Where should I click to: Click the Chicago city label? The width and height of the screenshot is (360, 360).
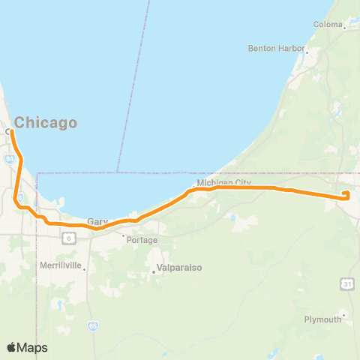46,122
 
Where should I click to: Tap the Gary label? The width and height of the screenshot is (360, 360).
97,222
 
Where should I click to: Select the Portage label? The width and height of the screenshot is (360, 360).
142,240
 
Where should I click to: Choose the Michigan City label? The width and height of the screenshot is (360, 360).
223,183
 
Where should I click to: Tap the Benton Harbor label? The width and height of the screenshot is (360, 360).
275,48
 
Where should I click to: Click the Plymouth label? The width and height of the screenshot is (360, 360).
322,319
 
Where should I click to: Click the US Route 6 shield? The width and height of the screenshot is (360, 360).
69,237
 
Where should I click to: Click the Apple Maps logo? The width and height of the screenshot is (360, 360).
27,347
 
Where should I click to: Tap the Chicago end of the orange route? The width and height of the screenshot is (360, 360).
10,131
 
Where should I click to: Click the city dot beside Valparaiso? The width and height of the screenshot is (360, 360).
153,271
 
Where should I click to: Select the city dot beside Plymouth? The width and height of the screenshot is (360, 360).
343,315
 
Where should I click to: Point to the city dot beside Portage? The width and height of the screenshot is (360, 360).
124,235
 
